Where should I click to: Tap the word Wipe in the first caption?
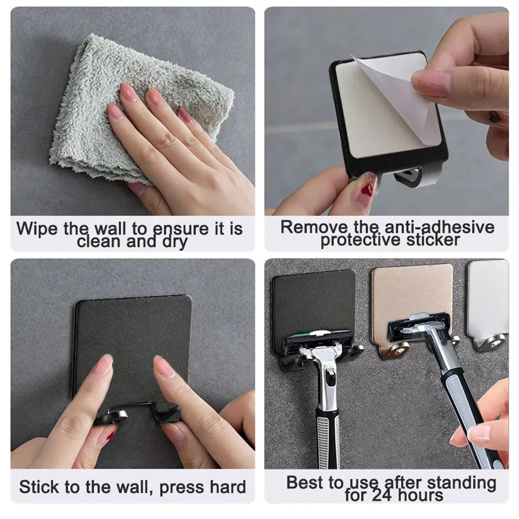(x=38, y=229)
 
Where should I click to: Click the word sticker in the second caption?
(x=430, y=240)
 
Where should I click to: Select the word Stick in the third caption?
(x=39, y=487)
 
